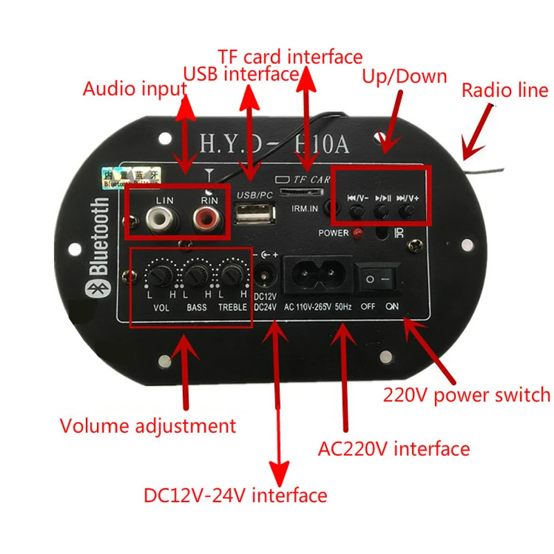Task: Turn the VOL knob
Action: click(158, 279)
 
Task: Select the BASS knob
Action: click(195, 279)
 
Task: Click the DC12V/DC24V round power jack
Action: click(265, 278)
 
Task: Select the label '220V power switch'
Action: click(466, 395)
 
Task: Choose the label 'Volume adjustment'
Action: click(148, 425)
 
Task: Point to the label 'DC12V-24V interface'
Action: click(235, 495)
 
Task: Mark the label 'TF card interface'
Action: click(289, 55)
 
